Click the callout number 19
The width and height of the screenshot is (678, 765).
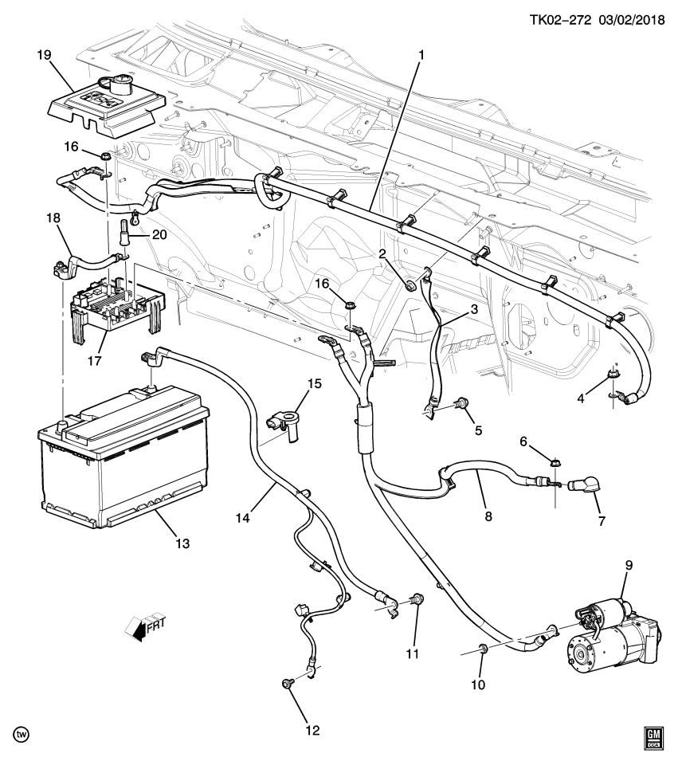[42, 55]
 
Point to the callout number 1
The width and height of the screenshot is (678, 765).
[421, 56]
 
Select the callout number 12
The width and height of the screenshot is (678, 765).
[312, 729]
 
